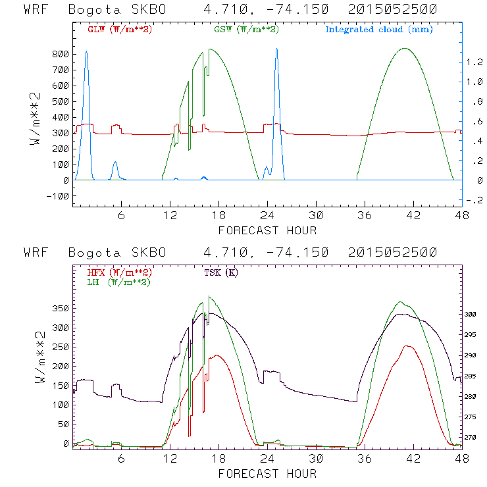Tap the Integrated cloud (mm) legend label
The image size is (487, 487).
pos(379,30)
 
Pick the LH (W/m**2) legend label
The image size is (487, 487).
pos(118,282)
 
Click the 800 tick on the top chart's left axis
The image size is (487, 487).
pos(61,54)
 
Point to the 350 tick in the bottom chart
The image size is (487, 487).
pos(61,308)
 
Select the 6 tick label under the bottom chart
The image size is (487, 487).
pos(122,457)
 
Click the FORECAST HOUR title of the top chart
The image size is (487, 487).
pos(267,230)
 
